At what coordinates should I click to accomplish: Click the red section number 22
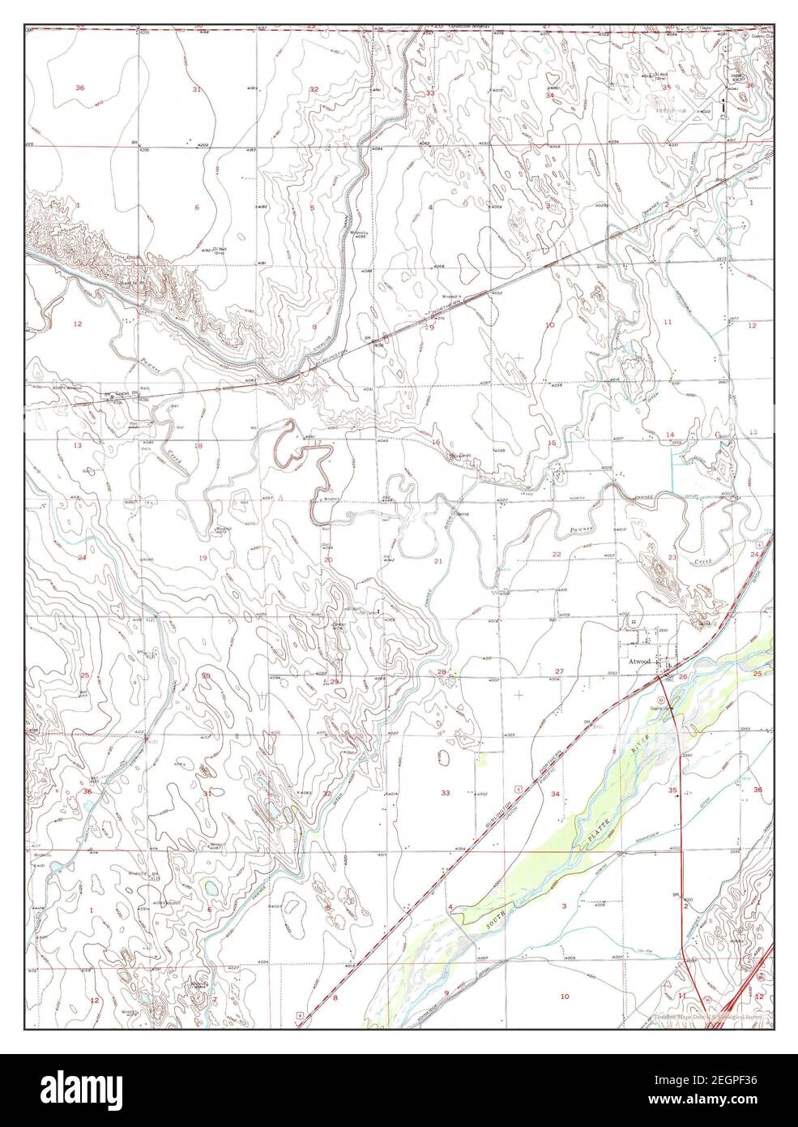(x=557, y=554)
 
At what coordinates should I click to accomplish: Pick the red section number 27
(x=559, y=671)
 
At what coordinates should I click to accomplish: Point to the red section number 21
(x=438, y=561)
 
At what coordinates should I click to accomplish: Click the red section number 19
(x=203, y=559)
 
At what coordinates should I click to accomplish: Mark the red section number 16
(x=436, y=443)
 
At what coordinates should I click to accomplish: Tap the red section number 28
(x=442, y=672)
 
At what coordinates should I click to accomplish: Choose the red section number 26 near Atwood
(x=683, y=676)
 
